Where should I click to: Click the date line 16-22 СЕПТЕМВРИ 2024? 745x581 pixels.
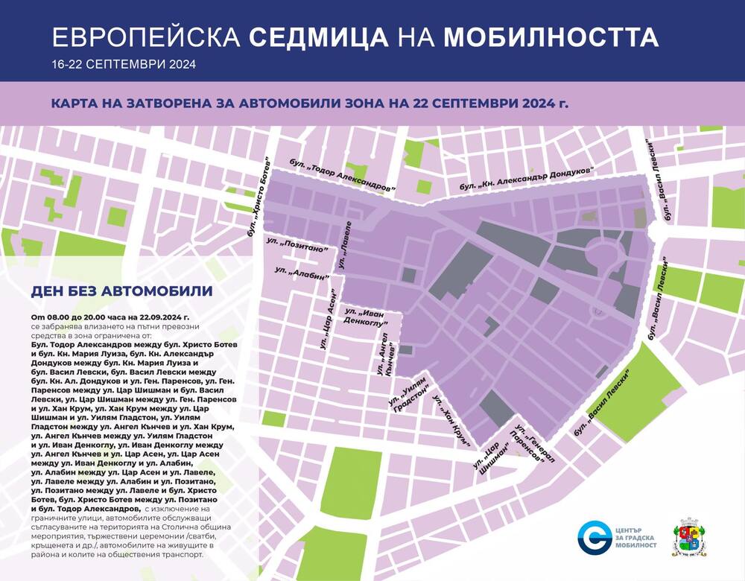click(x=124, y=65)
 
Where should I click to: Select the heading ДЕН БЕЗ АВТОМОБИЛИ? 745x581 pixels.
click(x=122, y=290)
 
